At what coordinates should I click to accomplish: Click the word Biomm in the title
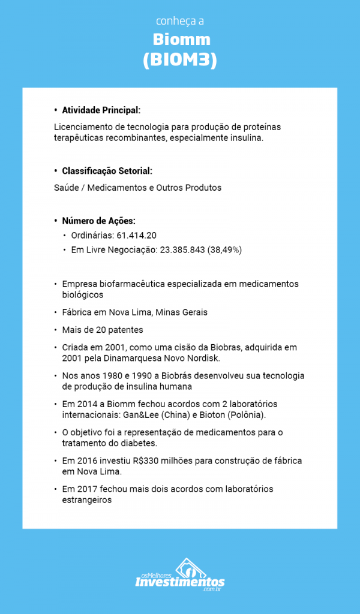coord(180,40)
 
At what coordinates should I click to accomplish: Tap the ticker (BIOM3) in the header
coord(180,61)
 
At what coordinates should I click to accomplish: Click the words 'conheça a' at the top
coord(180,21)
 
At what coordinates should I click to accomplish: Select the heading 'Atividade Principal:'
coord(101,110)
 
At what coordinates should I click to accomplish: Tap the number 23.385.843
coord(182,249)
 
